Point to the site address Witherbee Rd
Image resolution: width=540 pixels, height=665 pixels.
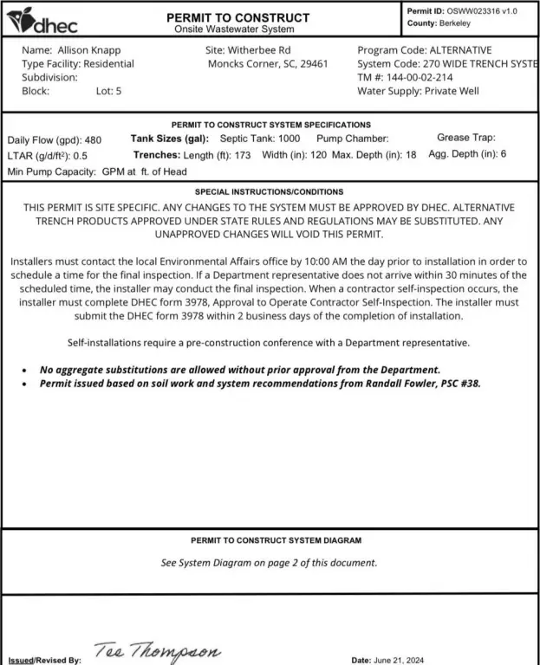click(259, 50)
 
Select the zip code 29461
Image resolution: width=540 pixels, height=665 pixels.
click(314, 63)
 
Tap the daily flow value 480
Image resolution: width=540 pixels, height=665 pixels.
click(93, 140)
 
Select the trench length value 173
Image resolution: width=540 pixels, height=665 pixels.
click(243, 155)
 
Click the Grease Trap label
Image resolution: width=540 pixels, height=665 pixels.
click(465, 138)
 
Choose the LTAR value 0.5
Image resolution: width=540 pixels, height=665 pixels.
click(80, 157)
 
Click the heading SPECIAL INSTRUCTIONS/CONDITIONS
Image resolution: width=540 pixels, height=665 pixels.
click(269, 191)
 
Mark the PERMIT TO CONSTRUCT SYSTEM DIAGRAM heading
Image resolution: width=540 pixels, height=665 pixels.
click(270, 540)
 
